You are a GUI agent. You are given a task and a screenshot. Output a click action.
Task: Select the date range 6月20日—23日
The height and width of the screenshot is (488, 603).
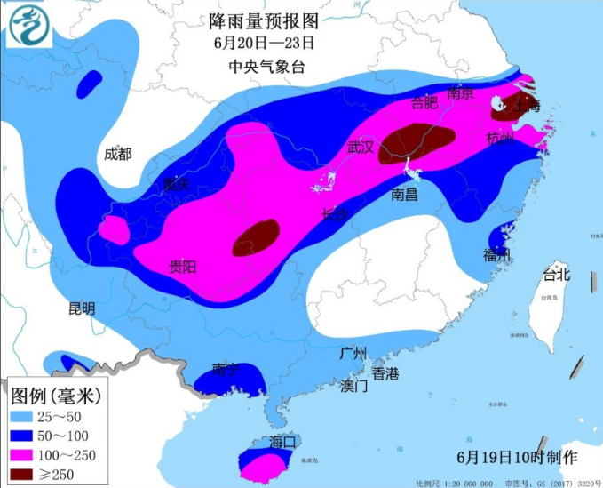pos(264,42)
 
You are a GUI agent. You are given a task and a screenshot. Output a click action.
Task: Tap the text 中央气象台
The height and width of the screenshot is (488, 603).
pos(263,65)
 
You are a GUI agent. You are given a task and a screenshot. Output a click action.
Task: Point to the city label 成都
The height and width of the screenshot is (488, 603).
pos(117,154)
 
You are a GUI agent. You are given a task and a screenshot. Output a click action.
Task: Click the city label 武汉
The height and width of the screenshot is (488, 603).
pos(361,146)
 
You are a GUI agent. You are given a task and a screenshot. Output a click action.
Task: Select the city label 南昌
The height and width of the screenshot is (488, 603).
pos(404,194)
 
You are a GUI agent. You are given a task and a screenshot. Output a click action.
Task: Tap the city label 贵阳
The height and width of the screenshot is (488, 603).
pos(183,266)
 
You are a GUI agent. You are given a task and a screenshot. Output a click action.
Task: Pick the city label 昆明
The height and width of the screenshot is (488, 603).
pos(81,308)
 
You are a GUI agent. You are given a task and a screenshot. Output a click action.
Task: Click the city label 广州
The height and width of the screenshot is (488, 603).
pos(353,352)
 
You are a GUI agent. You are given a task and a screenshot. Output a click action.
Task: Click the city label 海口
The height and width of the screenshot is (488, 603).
pos(282,441)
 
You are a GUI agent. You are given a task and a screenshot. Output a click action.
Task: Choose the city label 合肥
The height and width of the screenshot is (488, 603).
pos(424,103)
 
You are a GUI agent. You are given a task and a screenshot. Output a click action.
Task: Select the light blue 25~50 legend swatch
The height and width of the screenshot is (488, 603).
pos(25,415)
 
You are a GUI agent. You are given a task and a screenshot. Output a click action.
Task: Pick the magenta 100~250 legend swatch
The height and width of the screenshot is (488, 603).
pos(25,456)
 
